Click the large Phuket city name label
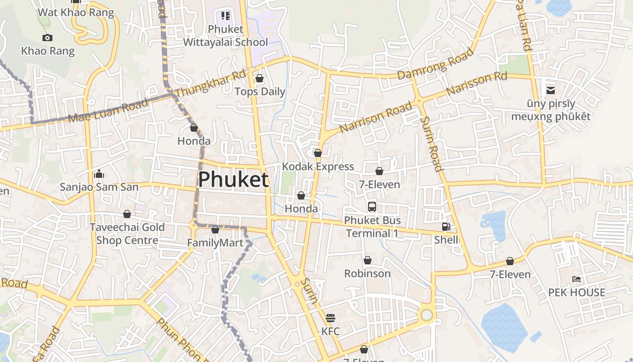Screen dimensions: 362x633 tap(233, 180)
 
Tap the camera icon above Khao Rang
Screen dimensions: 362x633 tap(47, 38)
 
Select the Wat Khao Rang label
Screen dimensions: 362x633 tap(76, 12)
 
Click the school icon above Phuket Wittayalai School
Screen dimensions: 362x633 tap(226, 16)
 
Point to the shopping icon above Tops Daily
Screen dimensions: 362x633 tap(260, 79)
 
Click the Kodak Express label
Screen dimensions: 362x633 tap(318, 167)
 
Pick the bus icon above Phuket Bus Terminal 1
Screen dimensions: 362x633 tap(372, 207)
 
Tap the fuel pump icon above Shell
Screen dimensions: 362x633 tap(446, 227)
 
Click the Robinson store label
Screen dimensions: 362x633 tap(367, 273)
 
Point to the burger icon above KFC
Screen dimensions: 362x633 tap(331, 318)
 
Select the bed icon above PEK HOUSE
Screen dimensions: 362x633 tap(576, 279)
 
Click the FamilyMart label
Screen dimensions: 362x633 tap(215, 243)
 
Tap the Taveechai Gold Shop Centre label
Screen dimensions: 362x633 tap(127, 233)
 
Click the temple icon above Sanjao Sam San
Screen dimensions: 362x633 tap(99, 174)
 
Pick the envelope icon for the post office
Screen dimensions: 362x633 tap(551, 90)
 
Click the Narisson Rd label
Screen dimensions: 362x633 tap(477, 83)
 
